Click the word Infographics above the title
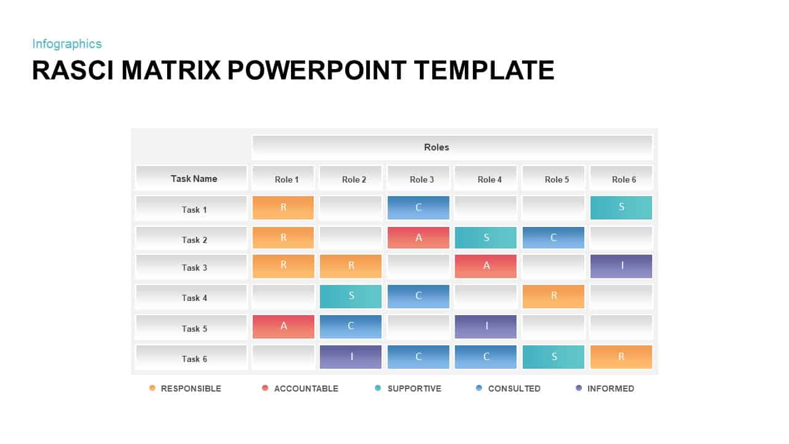coord(67,44)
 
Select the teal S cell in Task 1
coord(621,207)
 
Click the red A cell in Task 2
coord(419,237)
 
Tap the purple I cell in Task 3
coord(621,266)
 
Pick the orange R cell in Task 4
coord(553,296)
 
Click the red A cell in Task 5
coord(284,326)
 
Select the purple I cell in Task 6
coord(351,356)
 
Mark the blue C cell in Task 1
coord(419,207)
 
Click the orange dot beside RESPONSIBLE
coord(152,388)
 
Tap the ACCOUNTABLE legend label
coord(306,388)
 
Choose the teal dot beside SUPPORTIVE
coord(378,388)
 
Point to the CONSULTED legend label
coord(514,388)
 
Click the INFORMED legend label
coord(610,388)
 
